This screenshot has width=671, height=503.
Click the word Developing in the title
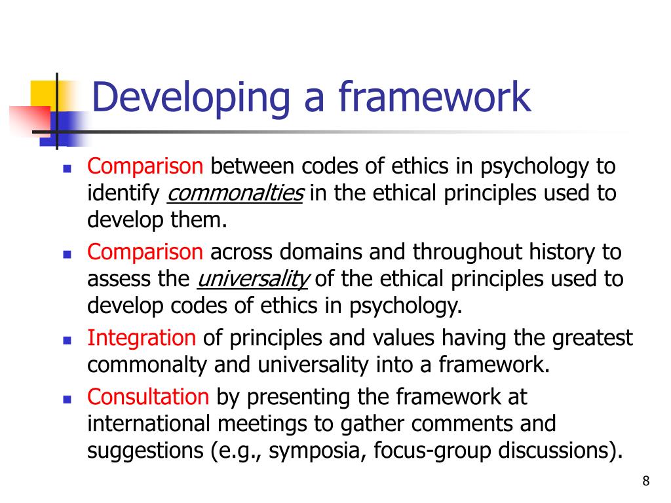point(191,96)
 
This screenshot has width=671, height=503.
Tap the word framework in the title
point(434,96)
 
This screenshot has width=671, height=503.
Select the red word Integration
point(142,338)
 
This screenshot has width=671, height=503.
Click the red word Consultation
point(148,396)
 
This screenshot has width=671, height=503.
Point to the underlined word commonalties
point(236,194)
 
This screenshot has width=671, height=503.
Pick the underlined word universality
point(252,280)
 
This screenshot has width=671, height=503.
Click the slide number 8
point(646,482)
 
